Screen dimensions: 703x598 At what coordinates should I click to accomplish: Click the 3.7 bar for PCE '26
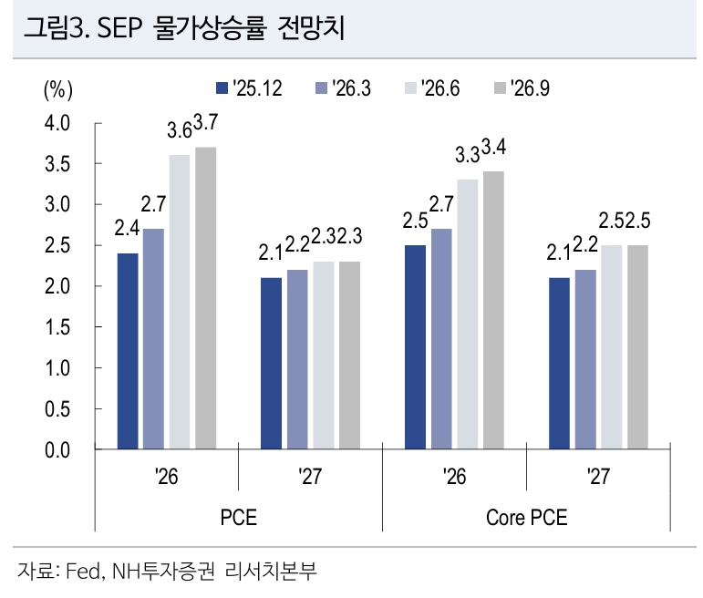(x=206, y=298)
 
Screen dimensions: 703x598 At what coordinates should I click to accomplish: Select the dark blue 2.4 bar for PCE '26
(x=128, y=351)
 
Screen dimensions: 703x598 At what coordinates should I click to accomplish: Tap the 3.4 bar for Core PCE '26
(x=493, y=310)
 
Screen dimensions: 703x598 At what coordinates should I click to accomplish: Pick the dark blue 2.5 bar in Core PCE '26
(x=415, y=347)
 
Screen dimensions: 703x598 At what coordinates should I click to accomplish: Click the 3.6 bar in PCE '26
(x=180, y=302)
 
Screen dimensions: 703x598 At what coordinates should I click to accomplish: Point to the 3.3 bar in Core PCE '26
(x=468, y=314)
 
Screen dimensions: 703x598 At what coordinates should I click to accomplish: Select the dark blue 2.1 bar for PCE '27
(x=271, y=364)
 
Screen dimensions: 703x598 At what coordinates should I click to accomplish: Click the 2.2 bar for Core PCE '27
(x=585, y=359)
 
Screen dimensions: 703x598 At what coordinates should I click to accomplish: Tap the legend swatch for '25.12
(x=222, y=88)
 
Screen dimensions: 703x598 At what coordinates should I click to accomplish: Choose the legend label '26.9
(x=530, y=88)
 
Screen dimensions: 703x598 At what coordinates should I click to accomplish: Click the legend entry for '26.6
(x=432, y=88)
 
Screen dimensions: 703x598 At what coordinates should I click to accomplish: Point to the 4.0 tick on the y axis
(x=57, y=123)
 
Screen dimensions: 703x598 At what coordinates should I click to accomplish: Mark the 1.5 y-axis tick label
(x=57, y=327)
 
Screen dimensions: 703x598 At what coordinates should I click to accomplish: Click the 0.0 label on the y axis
(x=57, y=449)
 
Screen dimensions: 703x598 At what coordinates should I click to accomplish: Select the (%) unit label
(x=57, y=89)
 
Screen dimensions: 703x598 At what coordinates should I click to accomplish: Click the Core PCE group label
(x=526, y=517)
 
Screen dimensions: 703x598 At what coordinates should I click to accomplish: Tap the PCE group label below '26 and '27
(x=239, y=517)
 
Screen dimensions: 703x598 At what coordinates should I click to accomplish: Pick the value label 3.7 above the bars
(x=205, y=122)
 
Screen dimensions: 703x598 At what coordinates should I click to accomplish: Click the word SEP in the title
(x=119, y=27)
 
